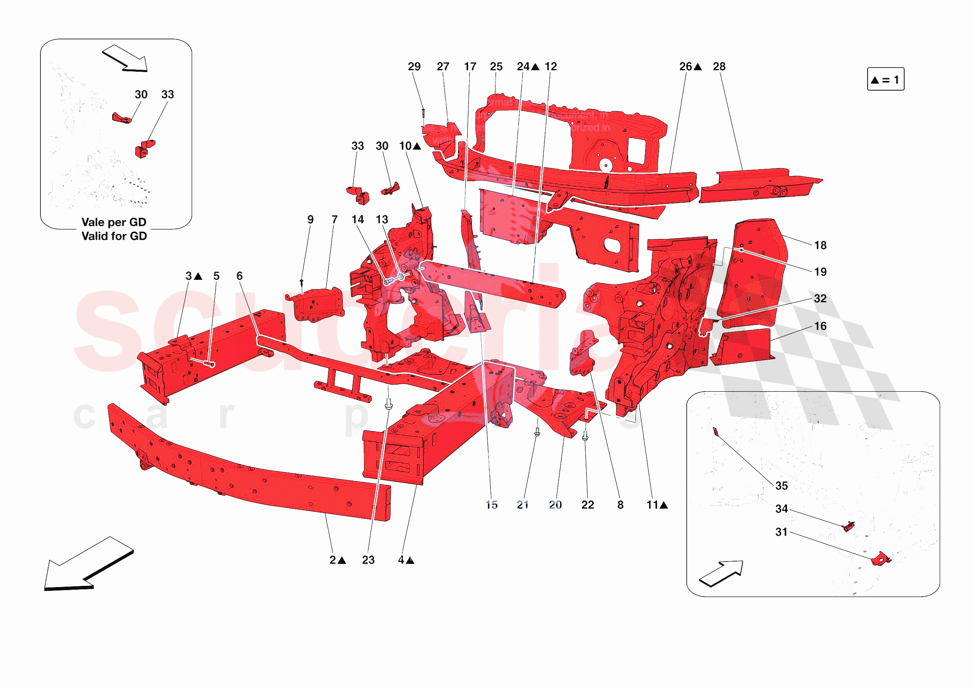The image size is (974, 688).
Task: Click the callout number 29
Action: click(x=414, y=67)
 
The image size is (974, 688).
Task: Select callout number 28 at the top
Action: click(x=719, y=67)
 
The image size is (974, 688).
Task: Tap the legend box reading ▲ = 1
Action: click(x=885, y=79)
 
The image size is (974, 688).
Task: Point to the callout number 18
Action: click(x=820, y=245)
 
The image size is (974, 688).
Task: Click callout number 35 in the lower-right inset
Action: click(x=782, y=486)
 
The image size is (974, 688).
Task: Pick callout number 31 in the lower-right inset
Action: click(x=782, y=532)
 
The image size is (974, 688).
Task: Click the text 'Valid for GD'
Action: click(x=114, y=236)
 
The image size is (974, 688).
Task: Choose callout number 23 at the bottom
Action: click(x=368, y=560)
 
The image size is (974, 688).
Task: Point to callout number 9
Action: click(x=310, y=219)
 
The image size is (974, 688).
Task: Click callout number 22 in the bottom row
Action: click(x=588, y=505)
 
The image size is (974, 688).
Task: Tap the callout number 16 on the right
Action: click(x=821, y=326)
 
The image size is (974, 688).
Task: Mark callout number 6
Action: click(x=240, y=276)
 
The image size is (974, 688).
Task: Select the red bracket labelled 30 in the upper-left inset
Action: click(x=122, y=118)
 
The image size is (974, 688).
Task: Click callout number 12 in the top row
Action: click(x=551, y=67)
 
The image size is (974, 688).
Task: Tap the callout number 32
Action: click(x=820, y=299)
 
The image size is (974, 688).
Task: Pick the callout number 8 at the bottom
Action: click(x=620, y=505)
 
